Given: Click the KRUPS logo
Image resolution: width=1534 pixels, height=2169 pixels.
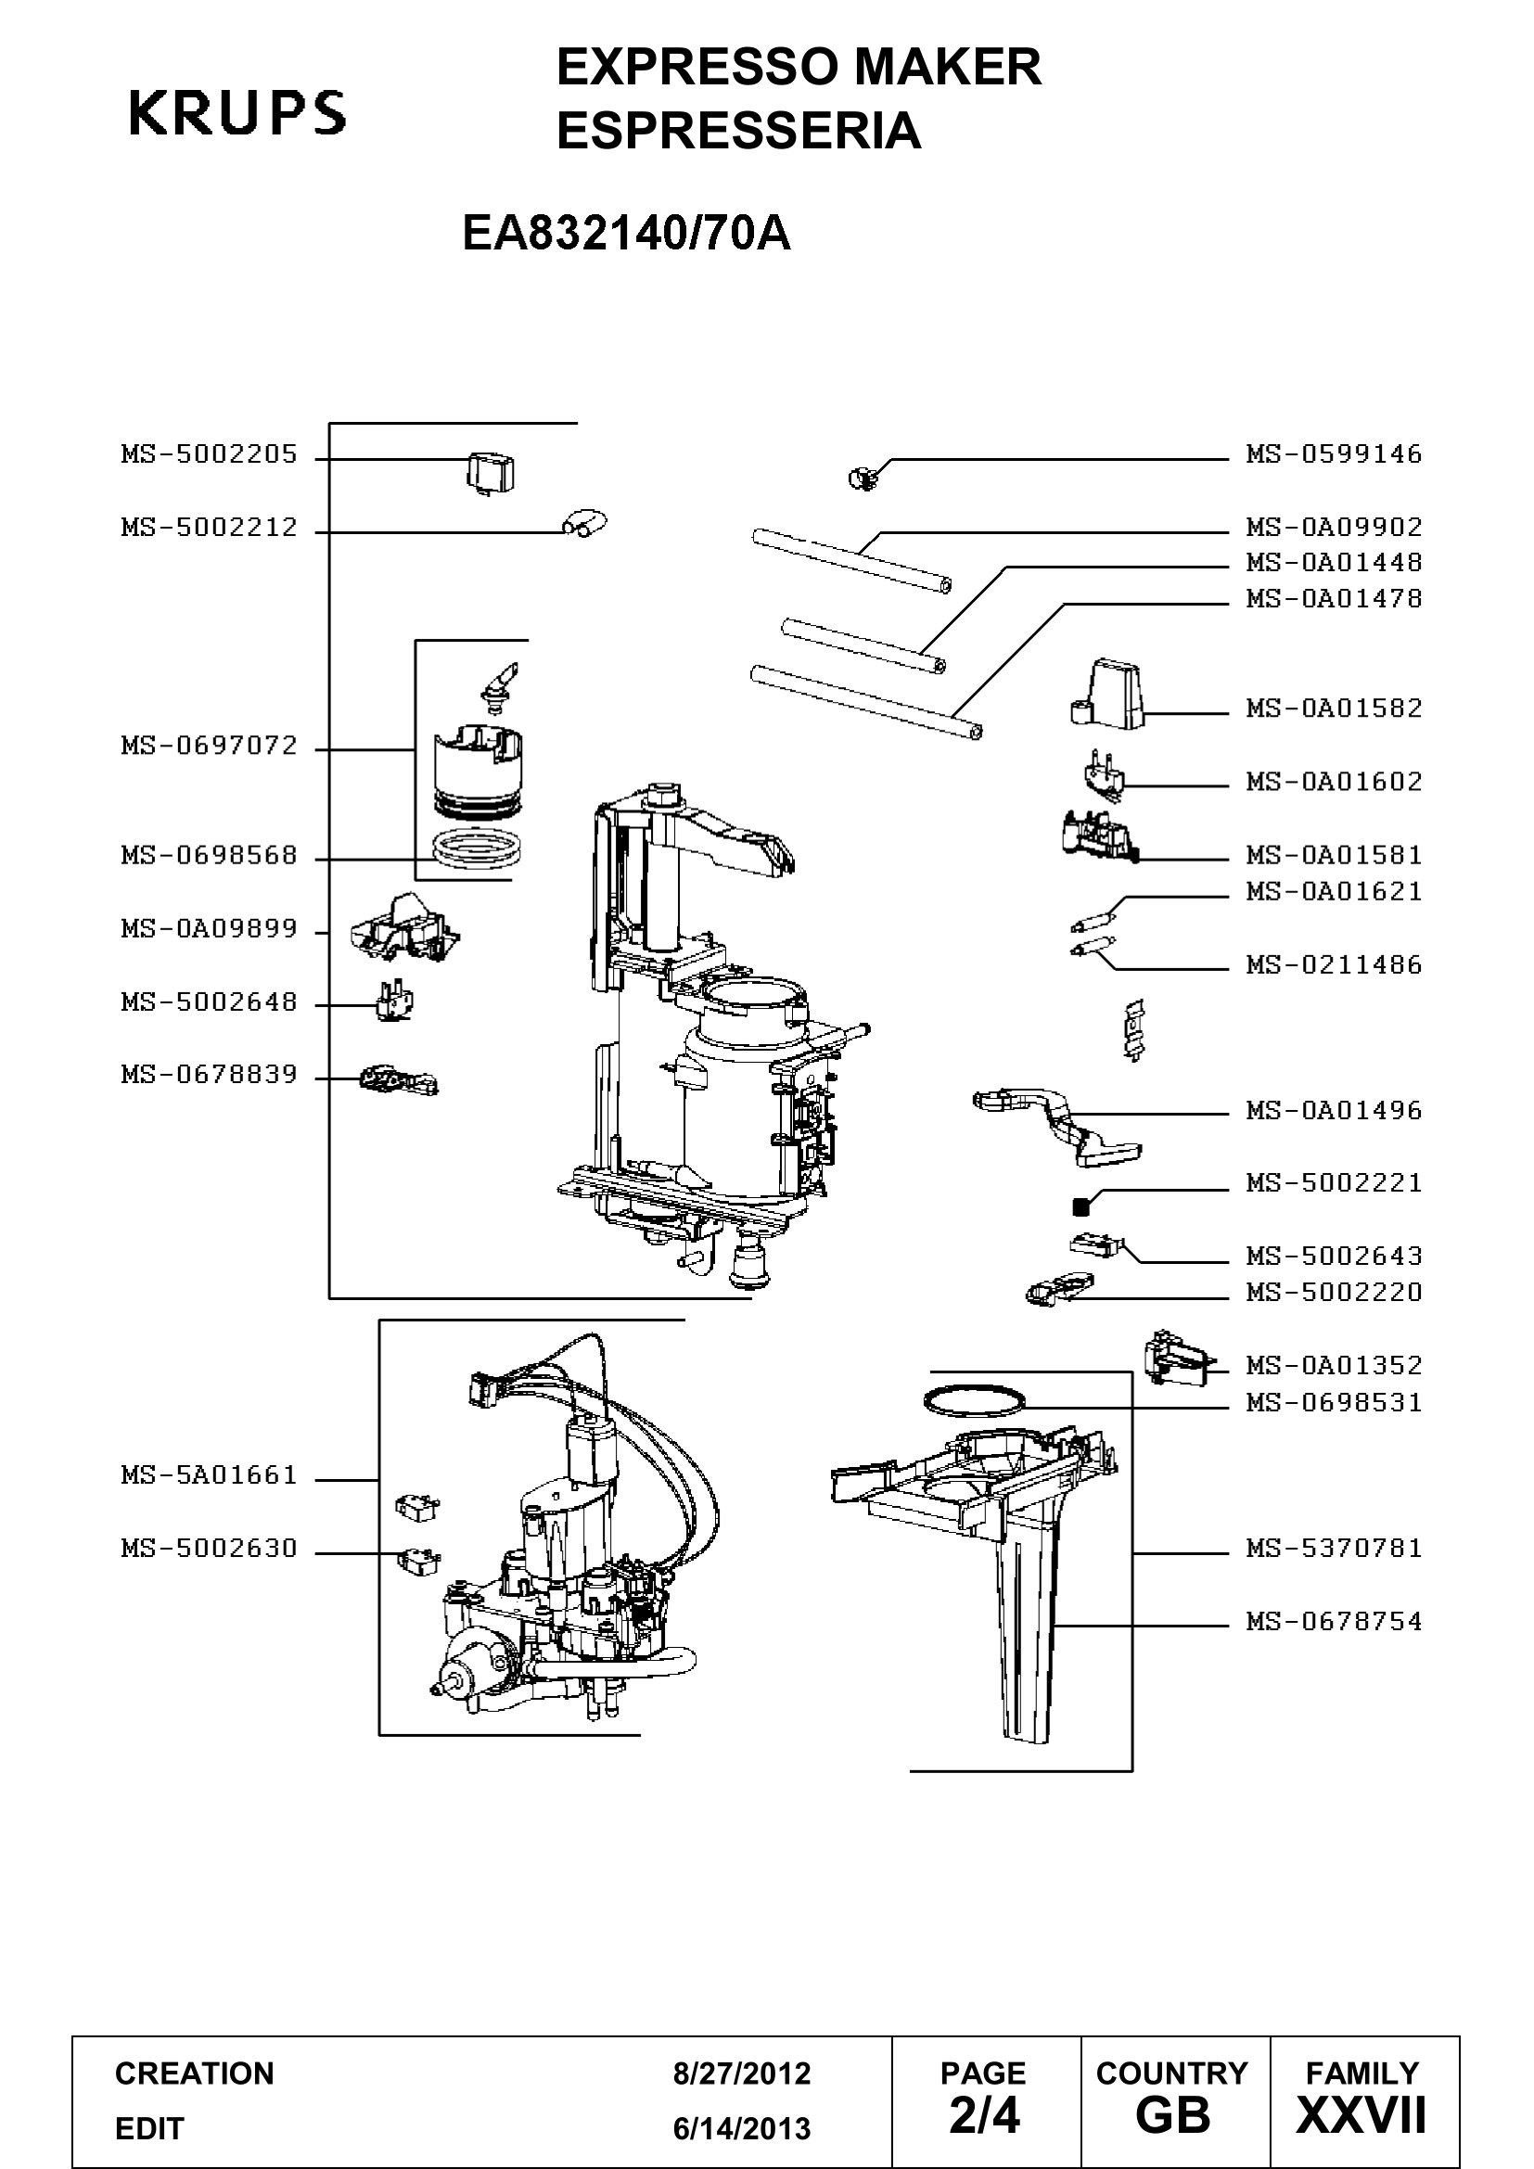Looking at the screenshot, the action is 237,113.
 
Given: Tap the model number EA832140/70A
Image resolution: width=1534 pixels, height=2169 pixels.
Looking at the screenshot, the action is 626,234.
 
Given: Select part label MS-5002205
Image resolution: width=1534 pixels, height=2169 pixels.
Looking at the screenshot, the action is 209,454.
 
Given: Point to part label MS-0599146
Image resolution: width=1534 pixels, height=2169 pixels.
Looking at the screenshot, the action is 1334,454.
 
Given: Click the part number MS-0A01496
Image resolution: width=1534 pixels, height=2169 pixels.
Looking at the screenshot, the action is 1334,1110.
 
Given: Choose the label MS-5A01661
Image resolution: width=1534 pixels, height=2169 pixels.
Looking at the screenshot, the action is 209,1474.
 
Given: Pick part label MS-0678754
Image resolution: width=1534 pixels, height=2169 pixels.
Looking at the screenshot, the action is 1334,1621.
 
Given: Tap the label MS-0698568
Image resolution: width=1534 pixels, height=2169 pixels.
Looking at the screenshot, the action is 209,856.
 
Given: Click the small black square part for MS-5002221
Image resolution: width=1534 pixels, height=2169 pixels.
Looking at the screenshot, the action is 1081,1206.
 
